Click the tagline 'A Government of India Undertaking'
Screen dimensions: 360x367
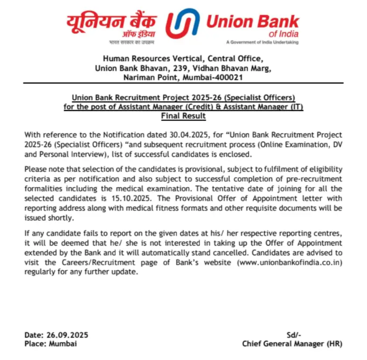262,42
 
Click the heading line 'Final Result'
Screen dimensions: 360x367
183,115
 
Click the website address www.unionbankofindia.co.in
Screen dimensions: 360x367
290,263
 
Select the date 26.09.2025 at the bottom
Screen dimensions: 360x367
67,335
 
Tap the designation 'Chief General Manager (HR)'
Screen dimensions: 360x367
292,344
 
